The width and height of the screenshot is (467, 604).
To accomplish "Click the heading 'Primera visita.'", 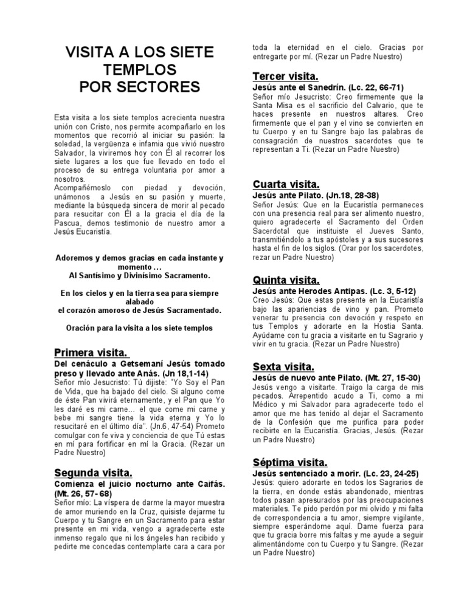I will click(91, 352).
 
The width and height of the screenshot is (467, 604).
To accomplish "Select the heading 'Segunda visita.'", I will click(93, 472).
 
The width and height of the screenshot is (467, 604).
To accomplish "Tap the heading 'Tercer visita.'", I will click(285, 77).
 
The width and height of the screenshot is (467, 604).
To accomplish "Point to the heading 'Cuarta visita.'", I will click(286, 184).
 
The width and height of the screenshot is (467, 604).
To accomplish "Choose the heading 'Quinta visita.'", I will click(285, 280).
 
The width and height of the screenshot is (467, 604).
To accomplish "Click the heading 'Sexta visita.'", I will click(283, 366).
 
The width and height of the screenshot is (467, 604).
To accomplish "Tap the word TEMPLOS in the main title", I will click(139, 69).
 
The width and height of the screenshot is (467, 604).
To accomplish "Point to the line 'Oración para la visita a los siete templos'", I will click(139, 328).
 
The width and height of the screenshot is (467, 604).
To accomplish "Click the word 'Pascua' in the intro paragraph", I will click(67, 223).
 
